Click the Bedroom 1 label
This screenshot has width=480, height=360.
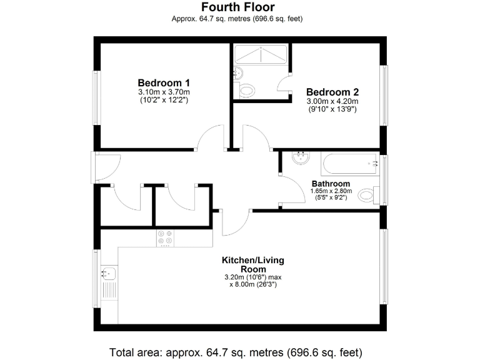[164, 82]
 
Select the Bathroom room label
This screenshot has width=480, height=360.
[331, 184]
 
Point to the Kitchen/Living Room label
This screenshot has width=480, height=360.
[249, 264]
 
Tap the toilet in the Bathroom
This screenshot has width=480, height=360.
[369, 196]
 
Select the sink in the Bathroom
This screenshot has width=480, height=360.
[301, 157]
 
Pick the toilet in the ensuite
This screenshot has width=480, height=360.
[247, 90]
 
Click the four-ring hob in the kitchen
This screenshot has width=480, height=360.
[166, 237]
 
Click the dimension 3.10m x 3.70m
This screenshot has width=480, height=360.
[164, 92]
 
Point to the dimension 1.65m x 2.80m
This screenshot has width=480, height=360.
[331, 191]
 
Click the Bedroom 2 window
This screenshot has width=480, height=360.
[384, 94]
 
